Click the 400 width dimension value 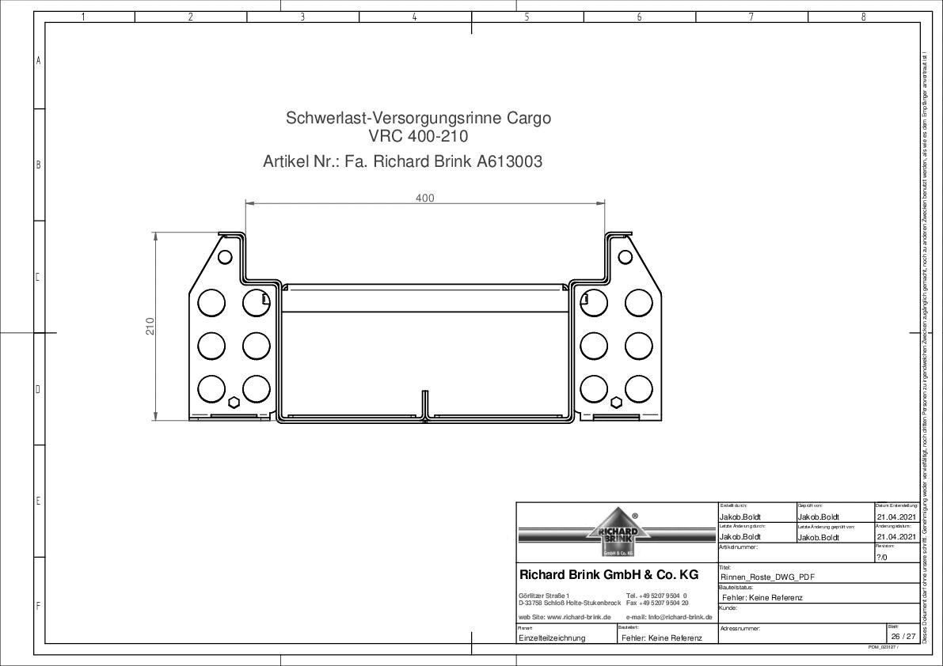[425, 198]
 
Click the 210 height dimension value [150, 325]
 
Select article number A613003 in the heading [509, 162]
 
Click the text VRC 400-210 [418, 136]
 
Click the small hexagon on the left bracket [234, 403]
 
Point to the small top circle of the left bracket [225, 256]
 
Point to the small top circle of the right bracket [625, 256]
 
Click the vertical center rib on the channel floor [424, 403]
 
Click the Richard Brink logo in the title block [617, 532]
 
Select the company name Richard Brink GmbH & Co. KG [608, 575]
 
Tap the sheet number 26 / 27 [903, 637]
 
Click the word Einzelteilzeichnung [552, 638]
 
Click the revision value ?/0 [882, 557]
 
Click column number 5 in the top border [527, 17]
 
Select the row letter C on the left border [38, 277]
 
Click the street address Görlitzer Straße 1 [543, 596]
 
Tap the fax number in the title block [657, 603]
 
